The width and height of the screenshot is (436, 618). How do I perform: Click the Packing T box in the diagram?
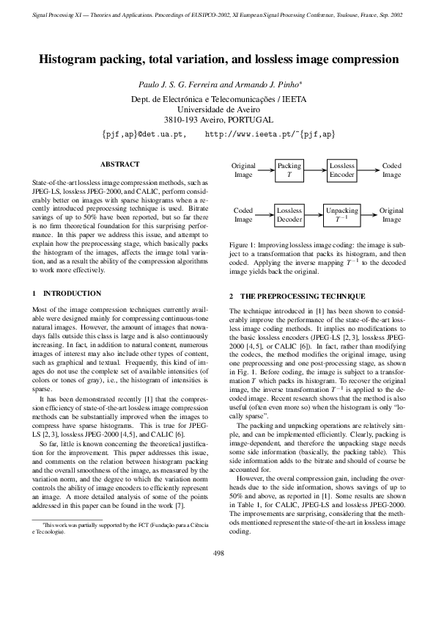289,171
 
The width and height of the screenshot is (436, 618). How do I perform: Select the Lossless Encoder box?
341,171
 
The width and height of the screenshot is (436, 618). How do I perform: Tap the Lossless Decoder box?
289,214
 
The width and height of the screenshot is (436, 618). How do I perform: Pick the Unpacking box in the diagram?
341,214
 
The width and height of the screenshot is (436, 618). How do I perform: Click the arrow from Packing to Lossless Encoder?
315,171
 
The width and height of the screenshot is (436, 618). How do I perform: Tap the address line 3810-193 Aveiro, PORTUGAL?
218,120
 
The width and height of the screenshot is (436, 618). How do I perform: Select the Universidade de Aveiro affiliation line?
218,109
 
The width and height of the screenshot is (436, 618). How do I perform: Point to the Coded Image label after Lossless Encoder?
391,171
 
